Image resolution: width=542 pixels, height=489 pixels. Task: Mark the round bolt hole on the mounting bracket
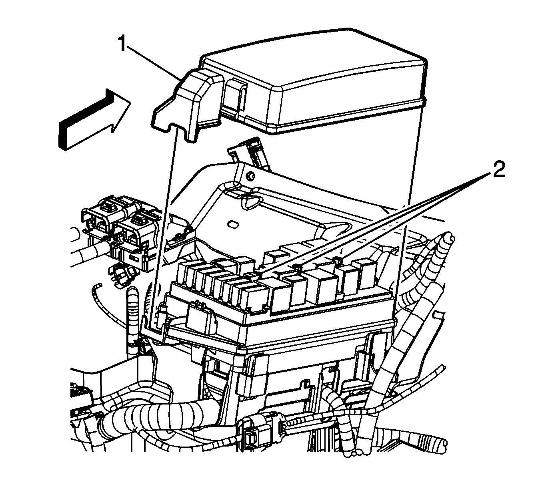(x=250, y=176)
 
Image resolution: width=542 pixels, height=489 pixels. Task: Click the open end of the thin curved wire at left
(x=98, y=285)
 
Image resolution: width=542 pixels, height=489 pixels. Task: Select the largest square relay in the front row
(x=318, y=286)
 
